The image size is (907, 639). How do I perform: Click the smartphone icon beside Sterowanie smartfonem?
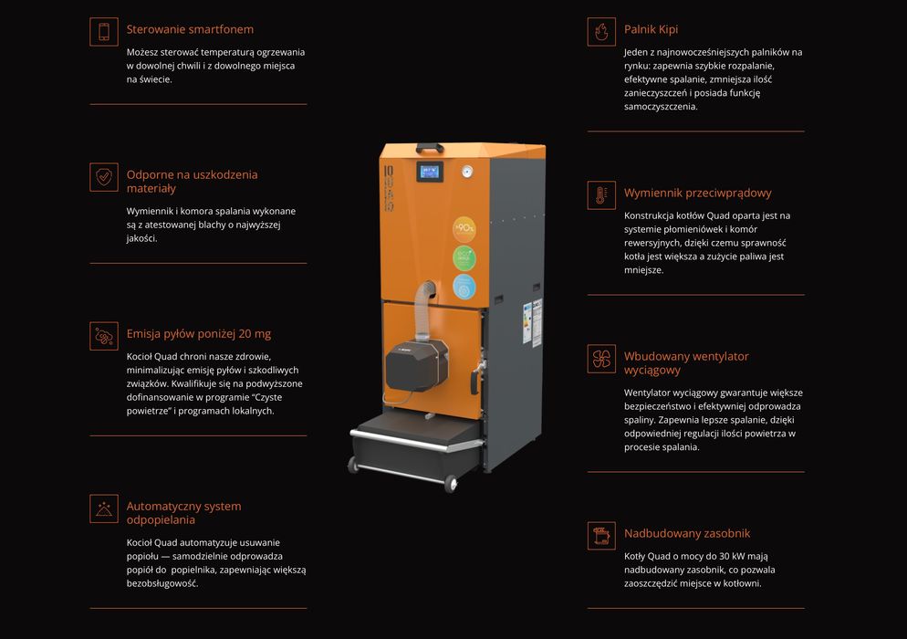click(x=104, y=31)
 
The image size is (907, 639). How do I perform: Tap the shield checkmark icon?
click(x=104, y=176)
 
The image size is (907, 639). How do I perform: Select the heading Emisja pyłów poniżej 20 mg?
click(x=198, y=334)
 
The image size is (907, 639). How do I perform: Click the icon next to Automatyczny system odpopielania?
click(x=104, y=508)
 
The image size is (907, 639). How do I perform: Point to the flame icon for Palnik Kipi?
click(x=601, y=31)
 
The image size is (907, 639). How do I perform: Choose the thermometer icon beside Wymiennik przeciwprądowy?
click(x=601, y=195)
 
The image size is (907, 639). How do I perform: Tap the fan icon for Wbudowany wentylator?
click(x=601, y=359)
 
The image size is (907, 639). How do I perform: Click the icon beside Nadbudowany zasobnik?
click(x=601, y=536)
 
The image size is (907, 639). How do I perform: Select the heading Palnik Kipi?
click(x=651, y=29)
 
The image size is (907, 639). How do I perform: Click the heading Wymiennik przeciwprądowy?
click(x=698, y=194)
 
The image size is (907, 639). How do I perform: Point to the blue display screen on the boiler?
click(x=430, y=172)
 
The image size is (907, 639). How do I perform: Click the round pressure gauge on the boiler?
click(x=467, y=172)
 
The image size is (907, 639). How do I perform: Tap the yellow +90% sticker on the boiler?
click(x=464, y=229)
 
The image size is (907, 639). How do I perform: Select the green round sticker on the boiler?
click(x=464, y=258)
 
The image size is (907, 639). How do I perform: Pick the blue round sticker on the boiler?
click(x=464, y=287)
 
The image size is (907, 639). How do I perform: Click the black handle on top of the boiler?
click(x=430, y=148)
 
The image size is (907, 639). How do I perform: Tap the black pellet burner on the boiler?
click(x=416, y=364)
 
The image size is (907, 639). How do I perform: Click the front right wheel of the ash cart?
click(x=451, y=482)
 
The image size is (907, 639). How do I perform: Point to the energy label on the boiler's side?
click(x=527, y=323)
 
